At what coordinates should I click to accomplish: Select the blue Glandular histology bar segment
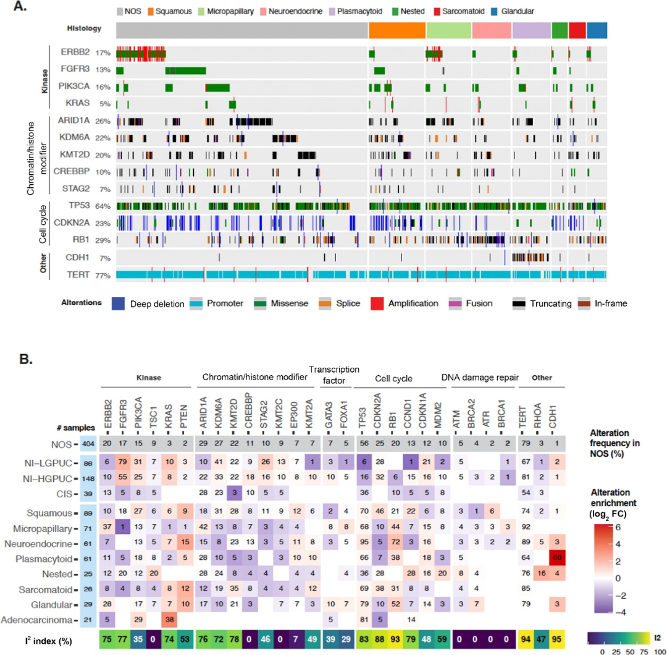click(x=597, y=30)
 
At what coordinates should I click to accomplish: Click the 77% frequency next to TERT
click(x=103, y=275)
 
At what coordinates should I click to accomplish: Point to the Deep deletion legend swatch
click(x=120, y=303)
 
